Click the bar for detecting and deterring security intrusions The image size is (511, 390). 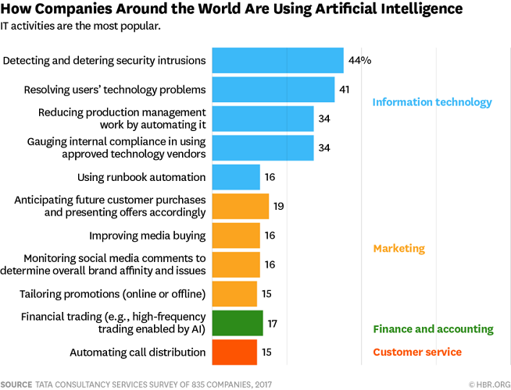point(277,60)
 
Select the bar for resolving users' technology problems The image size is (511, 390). point(273,89)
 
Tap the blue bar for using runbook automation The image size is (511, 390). point(236,177)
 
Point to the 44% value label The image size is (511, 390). point(359,60)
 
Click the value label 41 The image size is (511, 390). point(345,89)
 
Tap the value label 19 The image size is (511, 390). point(279,206)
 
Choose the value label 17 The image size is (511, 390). point(273,323)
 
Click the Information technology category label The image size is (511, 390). point(432,102)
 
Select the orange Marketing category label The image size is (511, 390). point(398,249)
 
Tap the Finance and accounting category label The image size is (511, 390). point(433,329)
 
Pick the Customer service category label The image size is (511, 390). point(417,352)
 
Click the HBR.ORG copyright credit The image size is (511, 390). point(489,384)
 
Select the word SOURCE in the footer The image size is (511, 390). point(16,384)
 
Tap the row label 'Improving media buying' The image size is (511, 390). point(148,236)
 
